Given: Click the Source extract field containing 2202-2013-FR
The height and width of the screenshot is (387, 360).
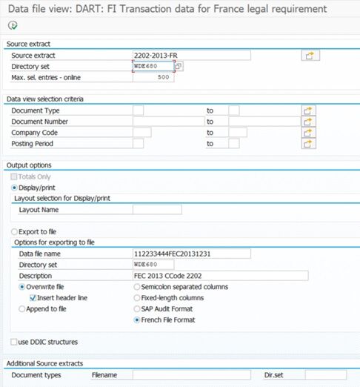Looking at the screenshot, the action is click(191, 56).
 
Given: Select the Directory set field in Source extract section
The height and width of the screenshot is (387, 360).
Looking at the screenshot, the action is click(153, 67).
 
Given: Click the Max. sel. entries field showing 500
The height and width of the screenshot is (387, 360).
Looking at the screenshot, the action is click(153, 77).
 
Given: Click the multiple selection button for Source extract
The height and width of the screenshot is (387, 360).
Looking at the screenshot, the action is click(310, 56).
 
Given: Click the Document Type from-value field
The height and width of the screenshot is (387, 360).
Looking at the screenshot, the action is click(138, 110).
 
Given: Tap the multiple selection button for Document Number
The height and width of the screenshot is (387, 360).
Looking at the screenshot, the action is click(310, 122).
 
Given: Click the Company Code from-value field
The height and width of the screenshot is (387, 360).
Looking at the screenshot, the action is click(141, 133).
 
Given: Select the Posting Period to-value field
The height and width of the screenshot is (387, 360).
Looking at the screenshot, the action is click(233, 144).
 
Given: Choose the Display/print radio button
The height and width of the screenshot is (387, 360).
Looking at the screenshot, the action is click(16, 188).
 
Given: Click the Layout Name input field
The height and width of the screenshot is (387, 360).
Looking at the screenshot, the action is click(157, 210).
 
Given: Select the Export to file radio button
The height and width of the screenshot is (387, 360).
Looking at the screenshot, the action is click(16, 232).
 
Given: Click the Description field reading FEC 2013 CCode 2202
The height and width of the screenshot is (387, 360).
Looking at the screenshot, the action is click(219, 276).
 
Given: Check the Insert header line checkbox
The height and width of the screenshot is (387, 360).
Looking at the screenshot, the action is click(33, 297).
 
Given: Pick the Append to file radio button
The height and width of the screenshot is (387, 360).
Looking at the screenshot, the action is click(22, 308).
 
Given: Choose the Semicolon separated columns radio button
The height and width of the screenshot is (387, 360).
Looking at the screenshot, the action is click(137, 287).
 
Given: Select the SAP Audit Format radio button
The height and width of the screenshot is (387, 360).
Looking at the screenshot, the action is click(137, 308).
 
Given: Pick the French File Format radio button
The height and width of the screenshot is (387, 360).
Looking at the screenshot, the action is click(137, 320).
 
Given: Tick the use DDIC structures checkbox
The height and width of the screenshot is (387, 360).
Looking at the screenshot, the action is click(15, 342).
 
